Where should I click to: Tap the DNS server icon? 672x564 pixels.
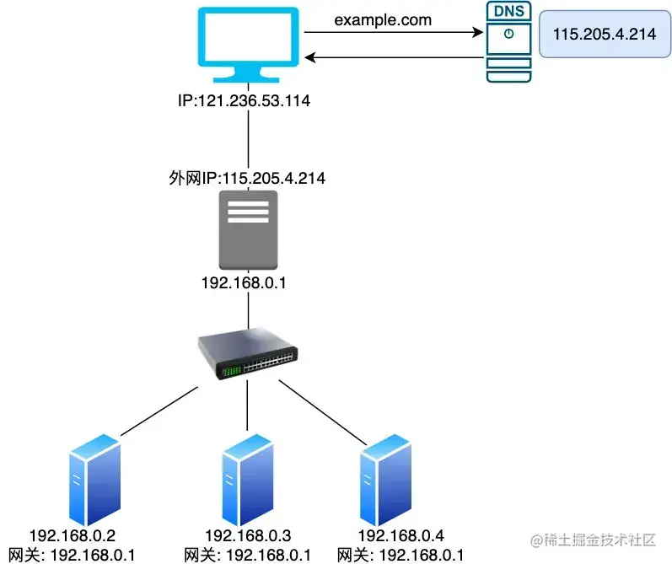pos(510,43)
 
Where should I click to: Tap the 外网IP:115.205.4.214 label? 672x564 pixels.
pos(246,179)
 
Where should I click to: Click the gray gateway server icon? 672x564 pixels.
pos(248,230)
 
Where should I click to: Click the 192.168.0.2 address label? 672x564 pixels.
pos(72,535)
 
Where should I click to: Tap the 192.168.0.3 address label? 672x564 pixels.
pos(248,535)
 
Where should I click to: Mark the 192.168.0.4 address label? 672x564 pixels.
pos(401,535)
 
